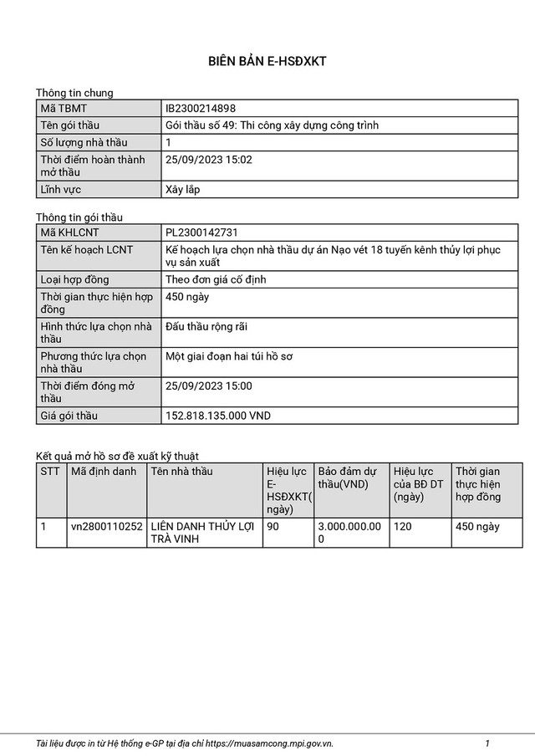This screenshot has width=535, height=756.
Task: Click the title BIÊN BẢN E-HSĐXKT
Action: point(267,62)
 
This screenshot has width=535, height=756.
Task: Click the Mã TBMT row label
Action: point(64,109)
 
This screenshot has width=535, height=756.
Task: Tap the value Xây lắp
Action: point(182,190)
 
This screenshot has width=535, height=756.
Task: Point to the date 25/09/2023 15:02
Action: point(209,159)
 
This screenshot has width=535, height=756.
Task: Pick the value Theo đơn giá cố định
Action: point(216,279)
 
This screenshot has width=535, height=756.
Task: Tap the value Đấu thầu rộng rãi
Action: point(206,326)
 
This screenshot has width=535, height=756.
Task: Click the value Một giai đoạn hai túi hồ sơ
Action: point(229,357)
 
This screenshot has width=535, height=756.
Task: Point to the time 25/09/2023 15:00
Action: point(209,386)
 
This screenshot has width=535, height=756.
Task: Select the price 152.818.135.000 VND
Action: point(218,416)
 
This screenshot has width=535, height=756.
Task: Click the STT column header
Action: point(50,472)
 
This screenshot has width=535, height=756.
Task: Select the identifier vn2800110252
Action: point(107,526)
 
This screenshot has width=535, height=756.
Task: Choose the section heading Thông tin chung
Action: point(74,93)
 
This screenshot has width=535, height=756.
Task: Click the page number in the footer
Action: point(487,743)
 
